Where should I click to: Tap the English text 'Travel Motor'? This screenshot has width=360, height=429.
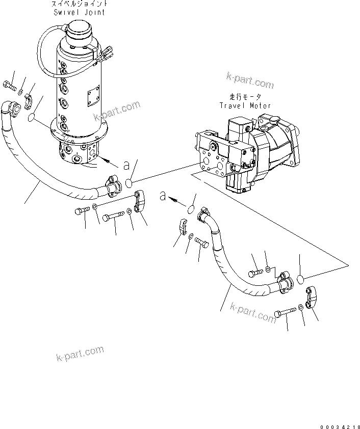pyautogui.click(x=245, y=105)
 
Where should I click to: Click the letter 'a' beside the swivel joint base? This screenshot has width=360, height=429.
pyautogui.click(x=126, y=165)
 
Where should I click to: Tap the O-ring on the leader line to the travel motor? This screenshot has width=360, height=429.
pyautogui.click(x=131, y=183)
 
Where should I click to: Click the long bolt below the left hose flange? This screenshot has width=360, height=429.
pyautogui.click(x=113, y=218)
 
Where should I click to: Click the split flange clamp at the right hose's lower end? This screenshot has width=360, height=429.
pyautogui.click(x=312, y=298)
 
